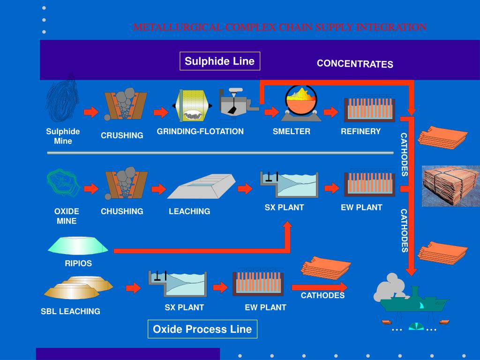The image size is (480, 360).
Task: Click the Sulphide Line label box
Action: pyautogui.click(x=219, y=61)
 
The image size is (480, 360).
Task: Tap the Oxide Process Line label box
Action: pyautogui.click(x=202, y=329)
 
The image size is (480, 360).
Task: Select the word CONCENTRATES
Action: pyautogui.click(x=355, y=64)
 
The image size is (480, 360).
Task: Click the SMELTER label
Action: pyautogui.click(x=292, y=131)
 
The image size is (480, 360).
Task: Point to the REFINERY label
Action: pyautogui.click(x=360, y=131)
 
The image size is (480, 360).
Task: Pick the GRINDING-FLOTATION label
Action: pyautogui.click(x=200, y=131)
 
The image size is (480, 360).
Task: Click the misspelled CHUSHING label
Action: pyautogui.click(x=122, y=211)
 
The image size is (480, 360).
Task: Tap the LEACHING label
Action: pyautogui.click(x=189, y=211)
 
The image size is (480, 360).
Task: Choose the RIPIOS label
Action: pyautogui.click(x=78, y=263)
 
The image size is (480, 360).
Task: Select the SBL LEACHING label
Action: pyautogui.click(x=70, y=311)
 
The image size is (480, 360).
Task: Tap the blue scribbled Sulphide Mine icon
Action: pyautogui.click(x=62, y=100)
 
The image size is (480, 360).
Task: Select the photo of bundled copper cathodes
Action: pyautogui.click(x=450, y=186)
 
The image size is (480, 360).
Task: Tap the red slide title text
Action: pyautogui.click(x=280, y=27)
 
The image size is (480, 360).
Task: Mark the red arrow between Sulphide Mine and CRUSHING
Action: pyautogui.click(x=91, y=112)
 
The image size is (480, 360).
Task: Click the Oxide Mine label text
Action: pyautogui.click(x=67, y=216)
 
